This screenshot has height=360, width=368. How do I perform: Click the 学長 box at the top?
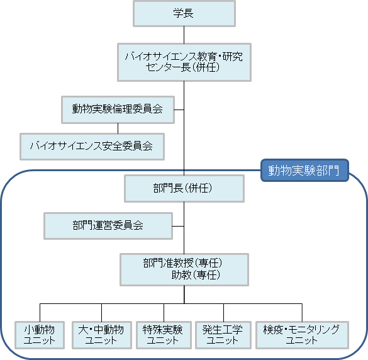point(184,14)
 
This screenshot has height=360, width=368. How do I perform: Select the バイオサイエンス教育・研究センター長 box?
point(184,62)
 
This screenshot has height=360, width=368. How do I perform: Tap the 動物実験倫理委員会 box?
point(118,110)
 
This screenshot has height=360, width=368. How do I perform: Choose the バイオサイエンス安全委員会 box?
point(92,147)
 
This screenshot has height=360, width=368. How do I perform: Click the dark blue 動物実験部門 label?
point(304,171)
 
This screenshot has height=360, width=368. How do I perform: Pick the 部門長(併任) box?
point(184,188)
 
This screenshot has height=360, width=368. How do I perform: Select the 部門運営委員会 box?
point(108,226)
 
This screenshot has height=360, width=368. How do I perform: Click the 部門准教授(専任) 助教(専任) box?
point(184,269)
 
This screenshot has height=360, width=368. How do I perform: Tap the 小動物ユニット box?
point(40,335)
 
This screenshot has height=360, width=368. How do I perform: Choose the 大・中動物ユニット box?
point(102,335)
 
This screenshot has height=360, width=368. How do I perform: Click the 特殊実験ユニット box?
point(164,335)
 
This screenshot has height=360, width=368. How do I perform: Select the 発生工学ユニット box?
point(223,335)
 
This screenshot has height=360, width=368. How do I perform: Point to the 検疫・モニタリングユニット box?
point(302,335)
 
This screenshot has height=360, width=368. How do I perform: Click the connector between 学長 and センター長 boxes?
point(184,35)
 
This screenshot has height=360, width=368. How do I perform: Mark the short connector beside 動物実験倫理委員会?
point(179,110)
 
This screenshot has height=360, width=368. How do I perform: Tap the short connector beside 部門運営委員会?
point(179,227)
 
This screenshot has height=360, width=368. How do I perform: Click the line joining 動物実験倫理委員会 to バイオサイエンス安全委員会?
point(118,128)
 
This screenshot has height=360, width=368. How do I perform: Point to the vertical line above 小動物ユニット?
point(40,313)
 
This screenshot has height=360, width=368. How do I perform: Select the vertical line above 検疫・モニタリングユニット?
point(302,313)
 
